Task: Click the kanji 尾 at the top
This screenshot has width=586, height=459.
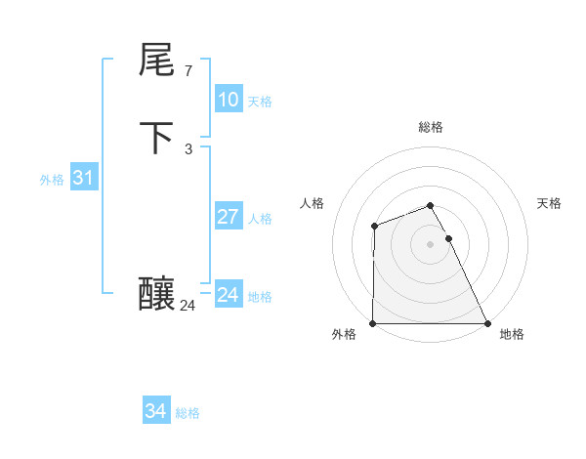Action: (x=157, y=62)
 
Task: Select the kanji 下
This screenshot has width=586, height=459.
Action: (x=157, y=138)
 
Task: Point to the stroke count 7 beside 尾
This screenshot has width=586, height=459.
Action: (x=188, y=71)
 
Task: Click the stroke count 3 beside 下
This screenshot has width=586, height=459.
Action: (x=188, y=149)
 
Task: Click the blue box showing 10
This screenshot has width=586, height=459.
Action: (x=228, y=100)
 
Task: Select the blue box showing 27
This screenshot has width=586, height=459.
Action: (x=228, y=217)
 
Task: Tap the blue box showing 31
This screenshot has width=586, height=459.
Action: (x=83, y=179)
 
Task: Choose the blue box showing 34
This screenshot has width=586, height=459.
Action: (x=155, y=412)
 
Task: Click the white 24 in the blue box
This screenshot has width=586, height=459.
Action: (x=228, y=295)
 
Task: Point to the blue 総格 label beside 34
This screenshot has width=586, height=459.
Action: (x=188, y=413)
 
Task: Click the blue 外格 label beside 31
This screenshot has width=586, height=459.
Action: (x=52, y=180)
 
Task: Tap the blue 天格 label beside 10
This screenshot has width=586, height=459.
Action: (x=260, y=102)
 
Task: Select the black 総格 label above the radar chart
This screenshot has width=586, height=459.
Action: (x=430, y=127)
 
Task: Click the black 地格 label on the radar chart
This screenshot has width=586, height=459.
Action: (x=512, y=334)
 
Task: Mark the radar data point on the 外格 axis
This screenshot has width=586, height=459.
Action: (x=373, y=323)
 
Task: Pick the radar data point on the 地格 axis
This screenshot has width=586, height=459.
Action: (x=487, y=323)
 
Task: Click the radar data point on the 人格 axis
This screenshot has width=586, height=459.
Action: (x=374, y=227)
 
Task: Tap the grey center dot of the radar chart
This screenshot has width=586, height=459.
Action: (x=430, y=244)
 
